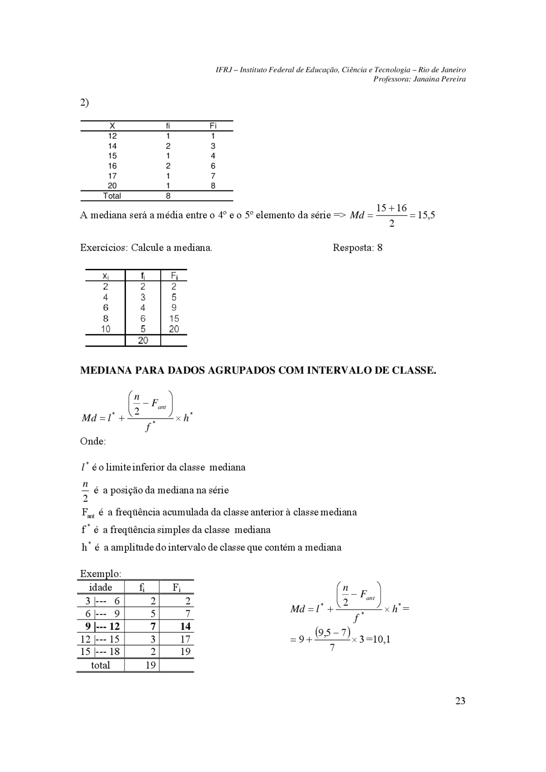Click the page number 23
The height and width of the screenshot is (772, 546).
pyautogui.click(x=460, y=701)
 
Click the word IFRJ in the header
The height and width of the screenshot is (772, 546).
pyautogui.click(x=224, y=70)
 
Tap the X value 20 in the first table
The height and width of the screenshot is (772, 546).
pyautogui.click(x=112, y=186)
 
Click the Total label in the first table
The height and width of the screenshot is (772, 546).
pyautogui.click(x=112, y=196)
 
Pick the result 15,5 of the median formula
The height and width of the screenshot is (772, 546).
pyautogui.click(x=426, y=215)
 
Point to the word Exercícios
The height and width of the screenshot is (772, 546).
pyautogui.click(x=104, y=248)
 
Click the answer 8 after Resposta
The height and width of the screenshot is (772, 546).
pyautogui.click(x=380, y=248)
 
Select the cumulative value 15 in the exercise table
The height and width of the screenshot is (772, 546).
pyautogui.click(x=174, y=318)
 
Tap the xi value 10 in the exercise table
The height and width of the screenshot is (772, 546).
pyautogui.click(x=105, y=329)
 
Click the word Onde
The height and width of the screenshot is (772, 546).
pyautogui.click(x=93, y=441)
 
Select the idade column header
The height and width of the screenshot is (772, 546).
pyautogui.click(x=101, y=587)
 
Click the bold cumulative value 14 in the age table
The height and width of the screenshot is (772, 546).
pyautogui.click(x=185, y=626)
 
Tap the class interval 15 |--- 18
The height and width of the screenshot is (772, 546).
pyautogui.click(x=100, y=651)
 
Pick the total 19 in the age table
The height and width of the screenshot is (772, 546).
pyautogui.click(x=150, y=665)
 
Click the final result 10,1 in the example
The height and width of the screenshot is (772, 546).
pyautogui.click(x=381, y=639)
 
